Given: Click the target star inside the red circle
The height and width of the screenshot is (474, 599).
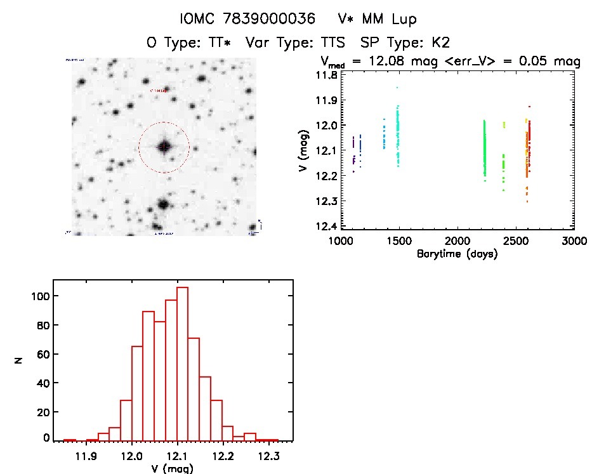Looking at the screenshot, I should tap(164, 147).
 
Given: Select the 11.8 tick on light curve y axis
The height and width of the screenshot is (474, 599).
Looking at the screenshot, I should tap(327, 75).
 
